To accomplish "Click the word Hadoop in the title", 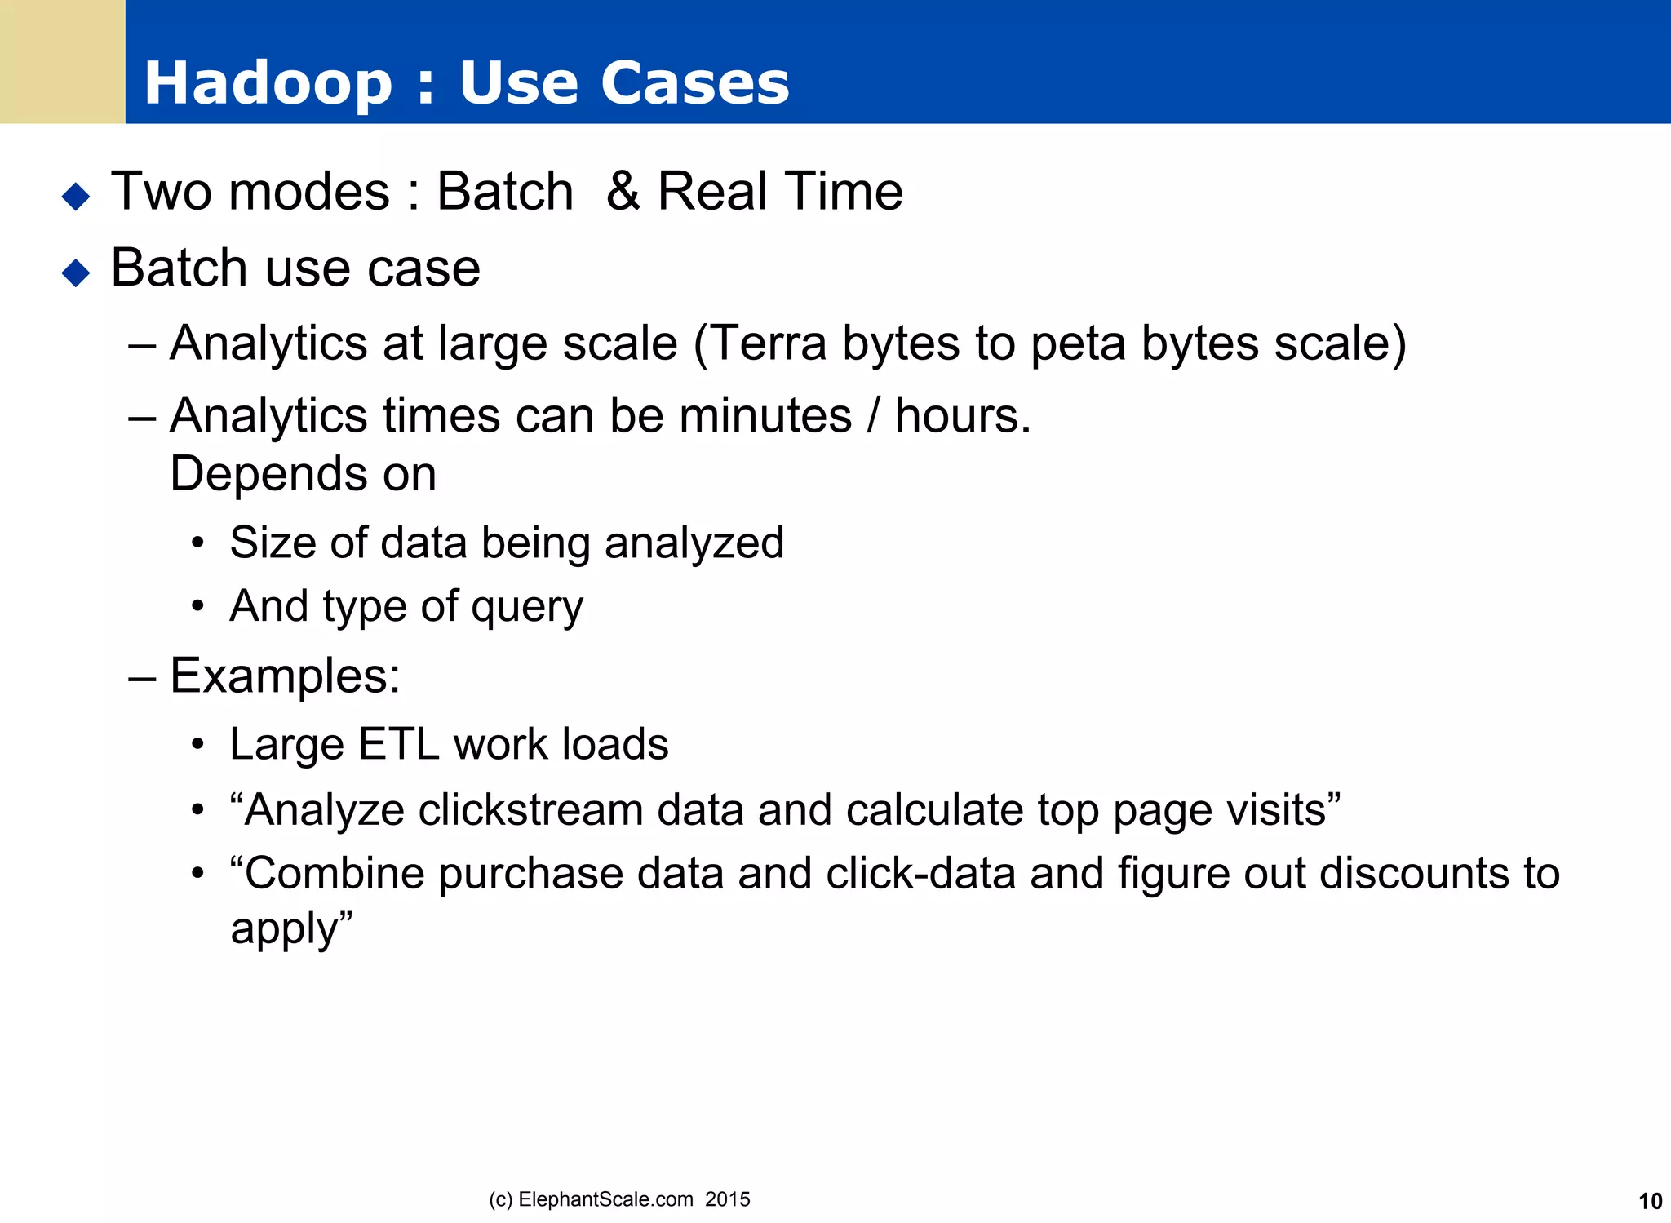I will [268, 83].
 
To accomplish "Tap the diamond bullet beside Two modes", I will [76, 196].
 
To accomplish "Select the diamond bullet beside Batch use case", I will [76, 272].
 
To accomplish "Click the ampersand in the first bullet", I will [623, 192].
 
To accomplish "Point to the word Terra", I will [769, 343].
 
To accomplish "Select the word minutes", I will [765, 416].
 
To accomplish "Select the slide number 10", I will [1650, 1201].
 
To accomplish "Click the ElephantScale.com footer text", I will [605, 1199].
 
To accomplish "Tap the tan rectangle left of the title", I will [62, 62].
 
